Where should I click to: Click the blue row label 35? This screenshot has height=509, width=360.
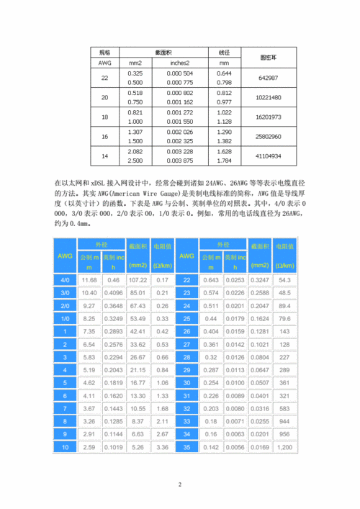pos(186,447)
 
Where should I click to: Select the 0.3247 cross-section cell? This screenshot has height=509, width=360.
pos(259,279)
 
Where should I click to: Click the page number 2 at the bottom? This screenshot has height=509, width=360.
pos(180,485)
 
